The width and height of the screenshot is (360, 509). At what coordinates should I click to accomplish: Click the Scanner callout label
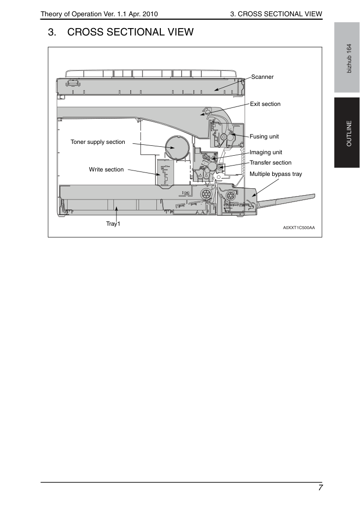point(262,77)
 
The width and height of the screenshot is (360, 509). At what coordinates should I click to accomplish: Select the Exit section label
point(265,104)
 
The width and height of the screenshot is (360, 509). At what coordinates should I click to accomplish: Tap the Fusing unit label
point(264,136)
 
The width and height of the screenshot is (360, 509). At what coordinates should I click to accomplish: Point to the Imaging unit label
point(266,152)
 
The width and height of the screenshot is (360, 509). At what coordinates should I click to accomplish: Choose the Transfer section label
point(270,163)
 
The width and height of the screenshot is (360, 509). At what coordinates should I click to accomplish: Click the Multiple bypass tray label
point(276,174)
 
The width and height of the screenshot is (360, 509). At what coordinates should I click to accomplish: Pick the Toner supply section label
point(98,142)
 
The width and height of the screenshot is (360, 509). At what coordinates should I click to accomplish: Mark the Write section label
point(106,170)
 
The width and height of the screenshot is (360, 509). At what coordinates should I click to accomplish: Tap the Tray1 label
point(113,224)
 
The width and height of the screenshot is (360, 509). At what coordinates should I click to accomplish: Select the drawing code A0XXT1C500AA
point(298,228)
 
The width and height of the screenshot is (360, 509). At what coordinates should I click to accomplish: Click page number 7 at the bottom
point(321,488)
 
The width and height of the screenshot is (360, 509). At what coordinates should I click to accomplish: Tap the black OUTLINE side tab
point(347,133)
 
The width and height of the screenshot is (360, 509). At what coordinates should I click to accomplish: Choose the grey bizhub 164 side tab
point(347,58)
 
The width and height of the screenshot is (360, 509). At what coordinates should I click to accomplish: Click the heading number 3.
point(52,32)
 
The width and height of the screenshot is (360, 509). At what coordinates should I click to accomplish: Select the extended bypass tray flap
point(286,200)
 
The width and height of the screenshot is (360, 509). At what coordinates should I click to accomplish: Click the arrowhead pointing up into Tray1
point(116,210)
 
